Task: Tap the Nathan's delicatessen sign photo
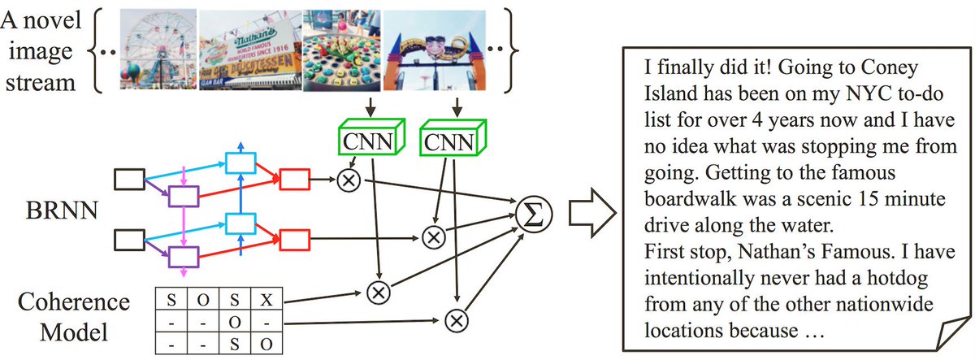click(249, 48)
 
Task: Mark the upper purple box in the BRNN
click(184, 196)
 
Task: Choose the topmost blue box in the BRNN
click(240, 163)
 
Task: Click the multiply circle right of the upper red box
click(348, 181)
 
